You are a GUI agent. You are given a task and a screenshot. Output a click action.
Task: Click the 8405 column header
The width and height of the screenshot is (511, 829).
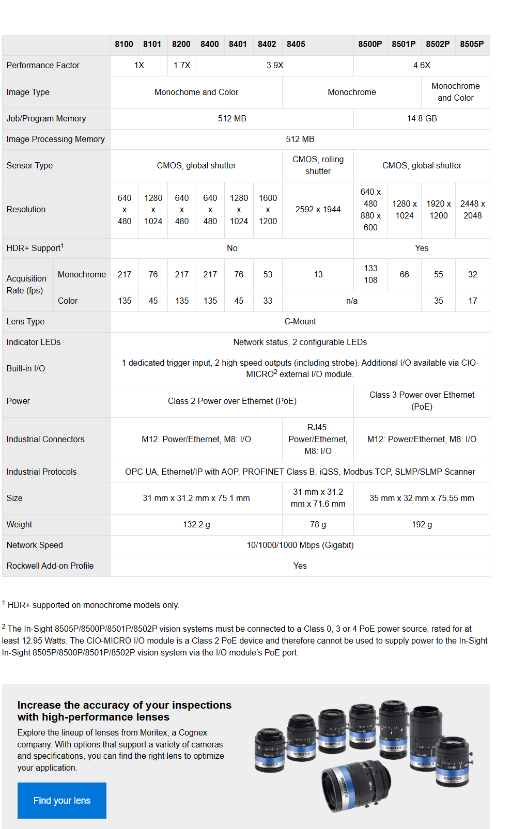[x=296, y=44]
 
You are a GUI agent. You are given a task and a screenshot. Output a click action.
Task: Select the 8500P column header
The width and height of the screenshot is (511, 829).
[x=370, y=44]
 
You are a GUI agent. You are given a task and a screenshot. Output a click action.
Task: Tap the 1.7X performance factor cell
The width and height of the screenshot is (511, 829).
[x=182, y=66]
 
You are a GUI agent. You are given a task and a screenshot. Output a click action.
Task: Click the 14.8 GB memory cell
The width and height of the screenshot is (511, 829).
[x=422, y=119]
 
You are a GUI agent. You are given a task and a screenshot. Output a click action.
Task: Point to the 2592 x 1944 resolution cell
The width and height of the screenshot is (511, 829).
[x=318, y=210]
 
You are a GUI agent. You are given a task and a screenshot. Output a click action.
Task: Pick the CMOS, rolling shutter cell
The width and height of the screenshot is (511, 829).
[x=318, y=165]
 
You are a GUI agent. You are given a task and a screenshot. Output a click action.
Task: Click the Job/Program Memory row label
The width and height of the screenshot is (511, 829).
[x=47, y=119]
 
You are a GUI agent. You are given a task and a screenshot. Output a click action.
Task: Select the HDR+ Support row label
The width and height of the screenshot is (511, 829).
[x=35, y=248]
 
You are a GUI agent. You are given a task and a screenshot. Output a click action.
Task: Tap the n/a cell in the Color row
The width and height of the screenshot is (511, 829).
[x=351, y=301]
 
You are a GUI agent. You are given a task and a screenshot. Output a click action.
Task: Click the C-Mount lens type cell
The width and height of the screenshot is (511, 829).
[x=300, y=322]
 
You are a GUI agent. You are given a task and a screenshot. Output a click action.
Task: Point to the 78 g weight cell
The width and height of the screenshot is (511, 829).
[x=318, y=525]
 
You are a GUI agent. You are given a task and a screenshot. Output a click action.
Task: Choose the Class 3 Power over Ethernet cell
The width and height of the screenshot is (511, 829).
[x=422, y=401]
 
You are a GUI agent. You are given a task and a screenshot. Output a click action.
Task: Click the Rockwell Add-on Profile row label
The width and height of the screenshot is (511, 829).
[x=50, y=566]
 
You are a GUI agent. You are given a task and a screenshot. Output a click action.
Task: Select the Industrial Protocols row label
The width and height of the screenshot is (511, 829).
[x=41, y=472]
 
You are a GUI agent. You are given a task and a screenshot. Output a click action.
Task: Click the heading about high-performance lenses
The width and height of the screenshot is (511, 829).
[x=124, y=711]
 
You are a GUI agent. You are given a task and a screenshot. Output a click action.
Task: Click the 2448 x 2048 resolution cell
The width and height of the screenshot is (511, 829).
[x=472, y=210]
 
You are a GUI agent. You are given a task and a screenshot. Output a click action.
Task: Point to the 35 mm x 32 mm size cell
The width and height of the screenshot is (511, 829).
[x=422, y=498]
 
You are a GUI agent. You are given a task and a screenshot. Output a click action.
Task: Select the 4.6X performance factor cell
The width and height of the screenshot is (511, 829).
[x=422, y=66]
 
